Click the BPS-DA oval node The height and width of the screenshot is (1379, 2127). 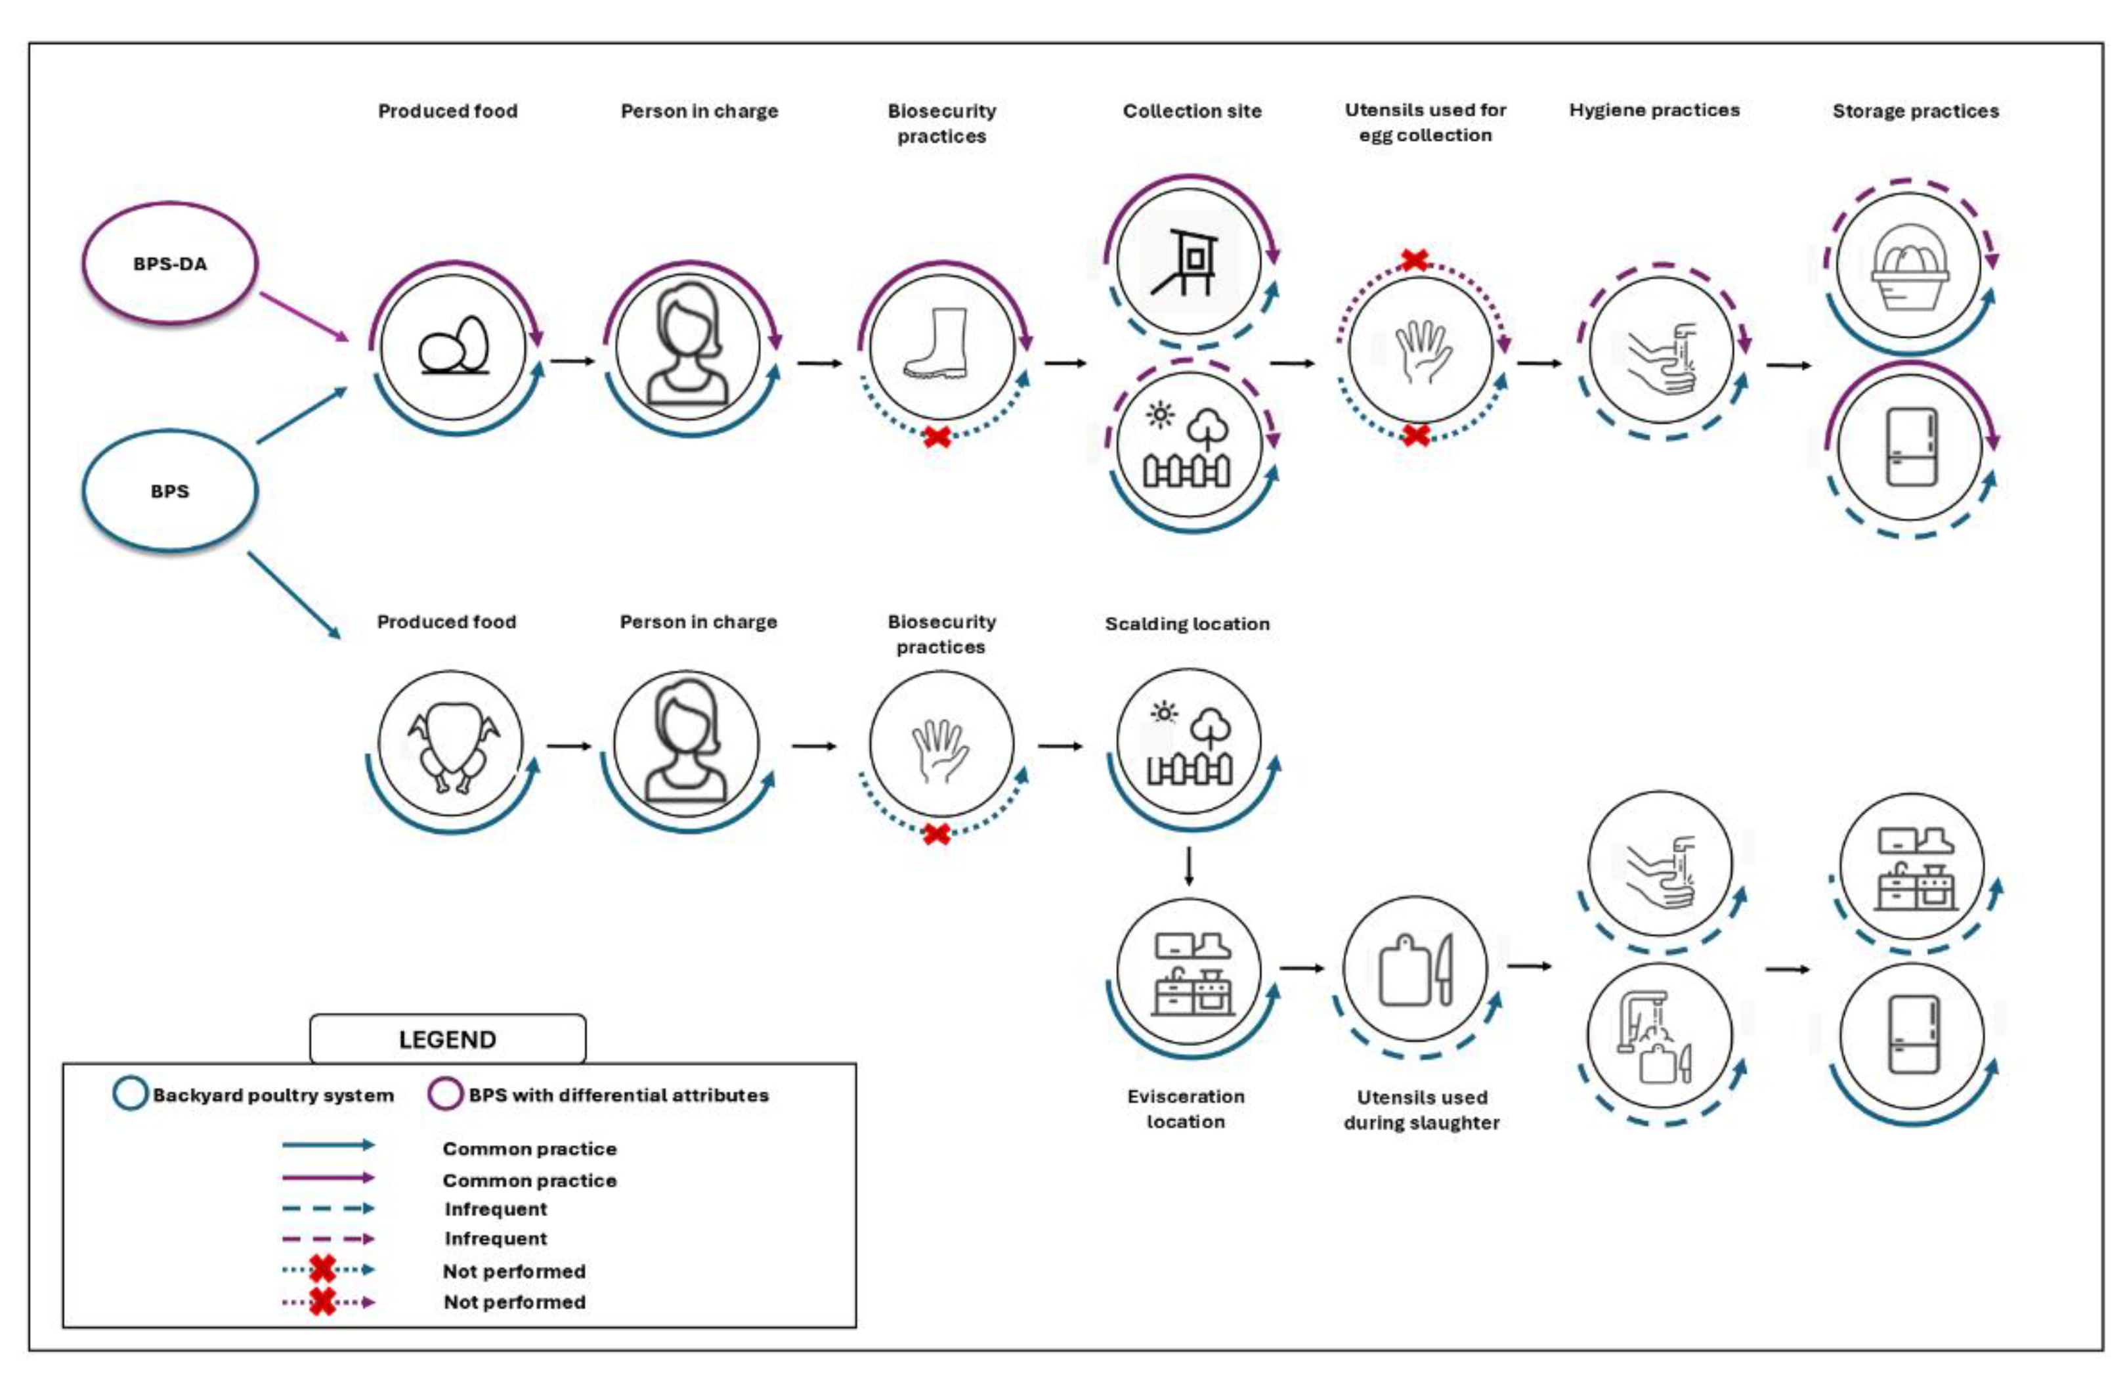(x=170, y=263)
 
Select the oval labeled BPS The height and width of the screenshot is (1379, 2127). (x=170, y=491)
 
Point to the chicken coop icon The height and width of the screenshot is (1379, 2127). (x=1189, y=260)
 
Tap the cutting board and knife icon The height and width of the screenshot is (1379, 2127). (x=1415, y=970)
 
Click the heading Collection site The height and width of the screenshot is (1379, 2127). (x=1192, y=112)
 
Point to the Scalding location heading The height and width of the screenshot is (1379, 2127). (x=1187, y=624)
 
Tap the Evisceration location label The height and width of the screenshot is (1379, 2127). (x=1186, y=1108)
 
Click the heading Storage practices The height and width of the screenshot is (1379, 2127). (x=1915, y=112)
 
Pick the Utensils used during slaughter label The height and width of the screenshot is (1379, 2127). (x=1422, y=1109)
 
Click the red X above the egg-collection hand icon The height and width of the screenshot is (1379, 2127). (x=1414, y=260)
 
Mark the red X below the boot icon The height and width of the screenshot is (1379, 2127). (x=937, y=436)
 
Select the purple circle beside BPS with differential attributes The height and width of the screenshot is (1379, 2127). (x=445, y=1094)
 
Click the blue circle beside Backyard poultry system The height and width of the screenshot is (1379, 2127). (x=129, y=1094)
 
